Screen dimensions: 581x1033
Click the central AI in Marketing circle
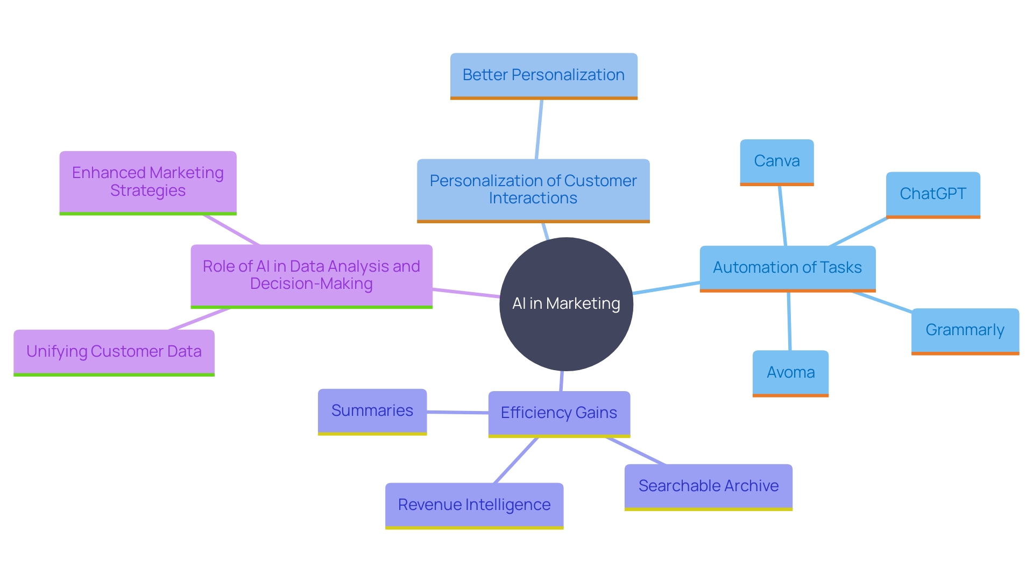click(x=566, y=304)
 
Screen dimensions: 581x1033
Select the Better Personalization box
click(x=543, y=75)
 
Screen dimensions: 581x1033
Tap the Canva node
click(x=776, y=161)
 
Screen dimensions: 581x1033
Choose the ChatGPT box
click(x=933, y=194)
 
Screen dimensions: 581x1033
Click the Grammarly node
click(x=965, y=330)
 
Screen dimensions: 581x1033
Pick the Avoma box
click(x=790, y=373)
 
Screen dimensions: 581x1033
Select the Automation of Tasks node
click(x=787, y=268)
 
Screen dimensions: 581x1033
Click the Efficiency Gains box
click(x=559, y=413)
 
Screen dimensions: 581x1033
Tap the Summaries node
click(x=372, y=411)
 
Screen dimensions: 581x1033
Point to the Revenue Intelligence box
click(x=474, y=505)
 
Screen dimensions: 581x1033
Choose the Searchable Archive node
click(x=708, y=486)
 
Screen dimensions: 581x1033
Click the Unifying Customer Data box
click(x=114, y=352)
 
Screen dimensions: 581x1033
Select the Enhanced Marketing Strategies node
click(x=148, y=182)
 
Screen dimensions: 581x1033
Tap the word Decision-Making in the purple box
click(x=311, y=284)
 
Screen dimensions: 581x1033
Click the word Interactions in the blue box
click(x=533, y=199)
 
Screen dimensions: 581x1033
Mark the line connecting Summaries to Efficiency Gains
click(x=457, y=412)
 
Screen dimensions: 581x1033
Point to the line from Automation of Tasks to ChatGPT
click(x=858, y=232)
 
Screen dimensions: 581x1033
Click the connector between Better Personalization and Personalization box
click(x=539, y=129)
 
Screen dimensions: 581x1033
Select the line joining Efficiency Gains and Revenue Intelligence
click(x=516, y=460)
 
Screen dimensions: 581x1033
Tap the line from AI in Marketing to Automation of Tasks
click(x=666, y=288)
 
